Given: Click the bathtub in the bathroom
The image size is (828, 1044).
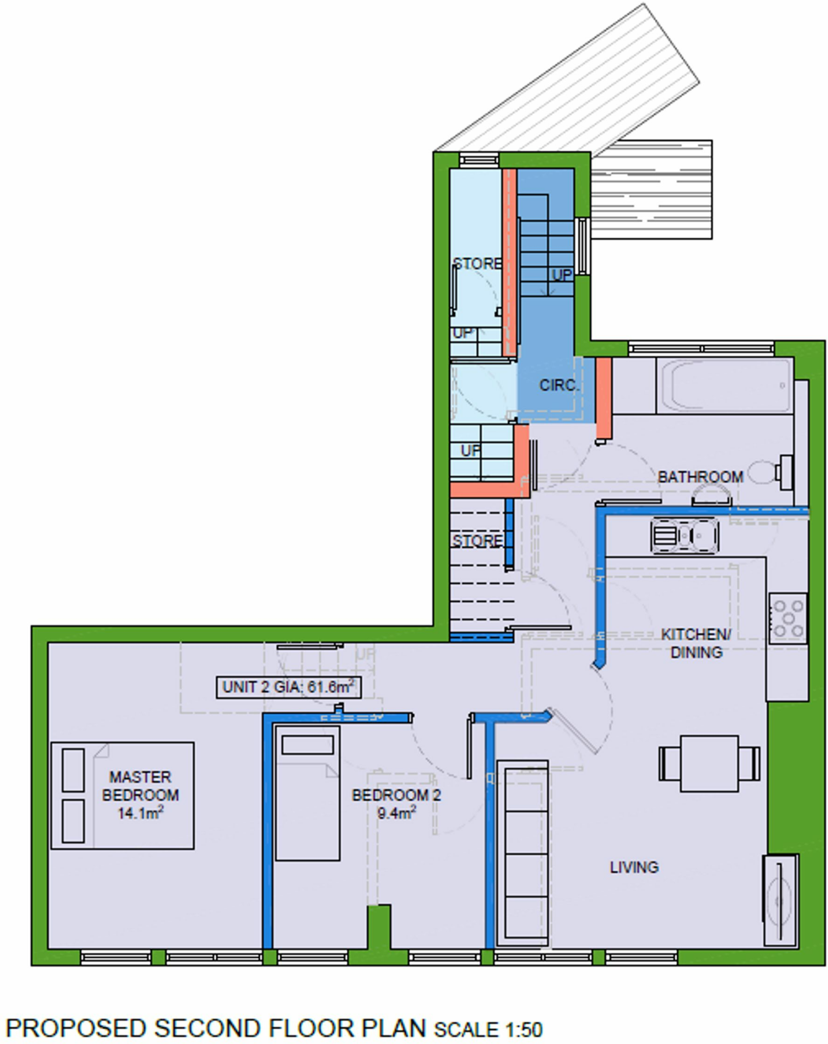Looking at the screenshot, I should [x=724, y=386].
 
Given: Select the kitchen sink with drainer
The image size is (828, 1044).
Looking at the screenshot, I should [x=684, y=536].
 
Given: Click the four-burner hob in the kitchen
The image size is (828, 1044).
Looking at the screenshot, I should [x=788, y=618].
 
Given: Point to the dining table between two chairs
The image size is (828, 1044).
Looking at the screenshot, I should [x=709, y=763].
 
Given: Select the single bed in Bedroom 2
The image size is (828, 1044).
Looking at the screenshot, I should [x=307, y=793].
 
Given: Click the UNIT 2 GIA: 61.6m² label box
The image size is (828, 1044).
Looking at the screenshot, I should [x=288, y=687].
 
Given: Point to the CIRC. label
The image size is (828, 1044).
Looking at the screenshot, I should [x=559, y=385].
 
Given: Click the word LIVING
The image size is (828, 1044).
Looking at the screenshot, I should [x=634, y=867].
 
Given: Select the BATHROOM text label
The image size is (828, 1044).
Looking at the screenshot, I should [x=700, y=477].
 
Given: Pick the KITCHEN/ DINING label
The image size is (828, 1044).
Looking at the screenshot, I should [x=696, y=643].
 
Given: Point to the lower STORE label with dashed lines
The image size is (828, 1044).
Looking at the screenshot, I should [x=477, y=541].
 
